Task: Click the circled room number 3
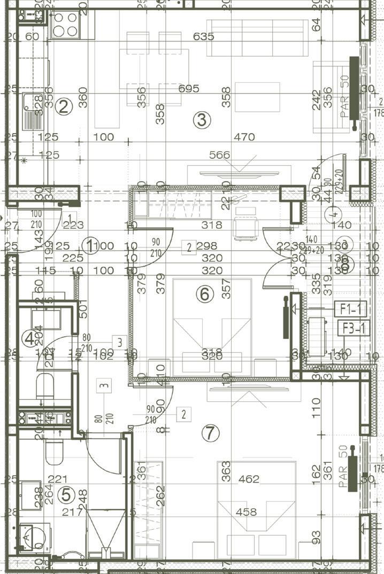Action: tap(201, 120)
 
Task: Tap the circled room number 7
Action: tap(212, 434)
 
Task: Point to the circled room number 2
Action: tap(64, 107)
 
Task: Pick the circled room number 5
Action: tap(66, 495)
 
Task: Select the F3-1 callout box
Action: tap(353, 328)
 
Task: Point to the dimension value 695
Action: tap(188, 88)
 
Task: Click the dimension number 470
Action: tap(244, 137)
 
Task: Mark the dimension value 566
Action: tap(219, 156)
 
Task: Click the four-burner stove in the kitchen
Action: tap(65, 24)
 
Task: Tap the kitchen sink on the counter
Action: tap(34, 110)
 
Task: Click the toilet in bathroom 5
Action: tap(54, 452)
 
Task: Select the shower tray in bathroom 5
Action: tap(105, 529)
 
